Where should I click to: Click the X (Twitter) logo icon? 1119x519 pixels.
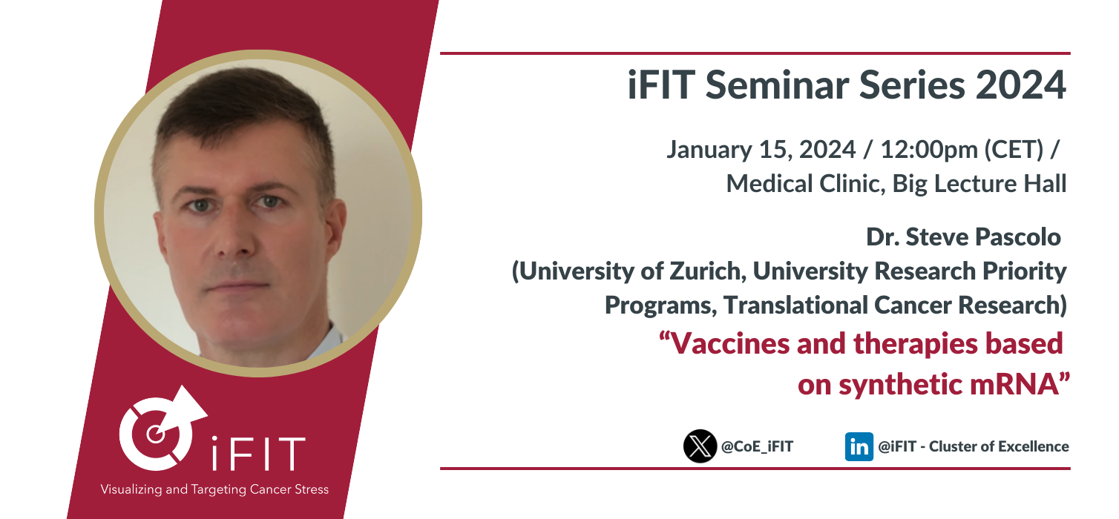[x=700, y=446]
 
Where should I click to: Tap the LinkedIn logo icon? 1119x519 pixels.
[x=859, y=446]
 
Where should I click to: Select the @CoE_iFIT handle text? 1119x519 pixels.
[x=757, y=446]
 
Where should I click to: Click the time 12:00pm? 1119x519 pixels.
[x=929, y=149]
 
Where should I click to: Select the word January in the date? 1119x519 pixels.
[x=709, y=150]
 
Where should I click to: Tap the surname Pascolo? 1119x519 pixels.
[x=1018, y=237]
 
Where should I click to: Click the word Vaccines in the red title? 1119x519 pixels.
[x=730, y=343]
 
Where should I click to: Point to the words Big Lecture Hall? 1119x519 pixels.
[x=979, y=184]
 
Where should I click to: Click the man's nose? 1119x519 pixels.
[x=236, y=234]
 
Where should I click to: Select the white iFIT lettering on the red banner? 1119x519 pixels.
[x=257, y=453]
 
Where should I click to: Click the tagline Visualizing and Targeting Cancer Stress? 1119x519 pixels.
[x=214, y=489]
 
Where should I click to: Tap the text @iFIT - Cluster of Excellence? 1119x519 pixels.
[x=973, y=446]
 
